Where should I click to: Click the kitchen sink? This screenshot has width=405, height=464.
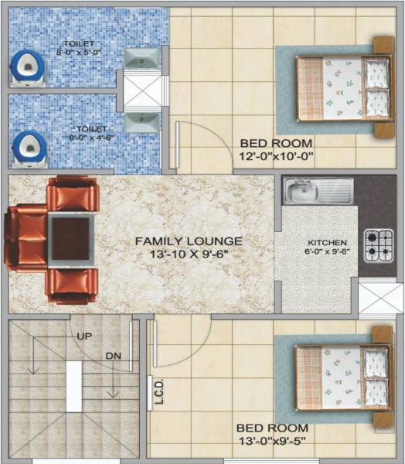pos(317,191)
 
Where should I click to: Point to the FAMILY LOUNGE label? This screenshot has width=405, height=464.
pos(189,241)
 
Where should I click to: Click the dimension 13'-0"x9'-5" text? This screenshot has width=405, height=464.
pos(272,442)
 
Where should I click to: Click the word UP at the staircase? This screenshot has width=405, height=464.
pos(85,336)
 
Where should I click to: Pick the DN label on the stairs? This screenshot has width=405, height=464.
pos(113,356)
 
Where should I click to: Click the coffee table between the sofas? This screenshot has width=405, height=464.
pos(71,238)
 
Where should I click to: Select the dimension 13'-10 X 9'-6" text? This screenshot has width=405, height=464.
pos(189,254)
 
